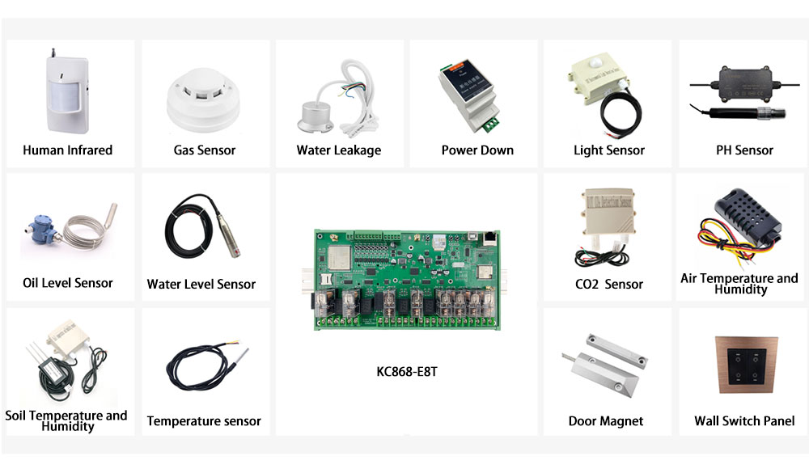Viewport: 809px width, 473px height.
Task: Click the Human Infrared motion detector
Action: [x=68, y=92]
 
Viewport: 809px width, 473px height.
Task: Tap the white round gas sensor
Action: [x=203, y=99]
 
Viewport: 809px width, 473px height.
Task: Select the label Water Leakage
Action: [x=339, y=150]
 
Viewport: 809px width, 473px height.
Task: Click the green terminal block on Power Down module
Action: [x=491, y=125]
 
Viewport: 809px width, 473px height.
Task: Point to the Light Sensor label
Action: [x=609, y=150]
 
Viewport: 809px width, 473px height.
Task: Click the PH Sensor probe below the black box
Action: [x=738, y=113]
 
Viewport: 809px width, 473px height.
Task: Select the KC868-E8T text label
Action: [x=407, y=372]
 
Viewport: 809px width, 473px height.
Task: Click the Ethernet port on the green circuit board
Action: [x=489, y=238]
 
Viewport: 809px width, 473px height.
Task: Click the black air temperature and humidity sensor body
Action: [x=746, y=216]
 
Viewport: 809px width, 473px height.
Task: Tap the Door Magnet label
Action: [x=606, y=421]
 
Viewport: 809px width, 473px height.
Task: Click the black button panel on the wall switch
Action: [x=747, y=365]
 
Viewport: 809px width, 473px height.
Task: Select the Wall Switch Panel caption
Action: [x=744, y=421]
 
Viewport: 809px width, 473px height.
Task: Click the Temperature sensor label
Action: [x=204, y=421]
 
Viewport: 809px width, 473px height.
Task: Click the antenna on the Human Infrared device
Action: [x=53, y=53]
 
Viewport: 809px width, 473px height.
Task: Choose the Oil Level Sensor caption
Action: [x=68, y=283]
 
